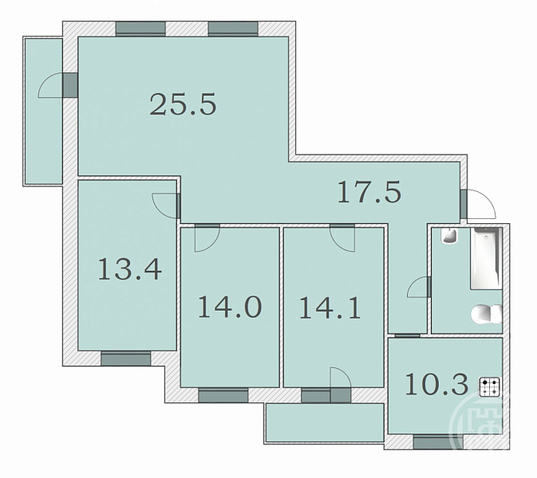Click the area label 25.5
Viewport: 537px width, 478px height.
[x=184, y=104]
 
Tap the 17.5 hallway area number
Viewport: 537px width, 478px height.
[x=369, y=192]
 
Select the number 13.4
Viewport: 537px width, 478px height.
[x=130, y=269]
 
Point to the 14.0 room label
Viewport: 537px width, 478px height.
[x=230, y=307]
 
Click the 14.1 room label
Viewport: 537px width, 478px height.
[x=330, y=308]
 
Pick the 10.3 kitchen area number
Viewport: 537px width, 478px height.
[x=436, y=385]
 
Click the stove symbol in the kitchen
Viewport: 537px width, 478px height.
[x=490, y=386]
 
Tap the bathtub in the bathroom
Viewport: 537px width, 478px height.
[x=486, y=258]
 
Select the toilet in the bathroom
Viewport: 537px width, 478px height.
[x=487, y=314]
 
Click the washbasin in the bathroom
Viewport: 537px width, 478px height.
[x=449, y=236]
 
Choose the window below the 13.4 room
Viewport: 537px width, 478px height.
[x=126, y=358]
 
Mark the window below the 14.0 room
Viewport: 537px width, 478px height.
[x=223, y=395]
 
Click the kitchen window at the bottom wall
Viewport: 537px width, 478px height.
[x=438, y=442]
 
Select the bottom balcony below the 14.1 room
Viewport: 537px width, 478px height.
[x=325, y=423]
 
